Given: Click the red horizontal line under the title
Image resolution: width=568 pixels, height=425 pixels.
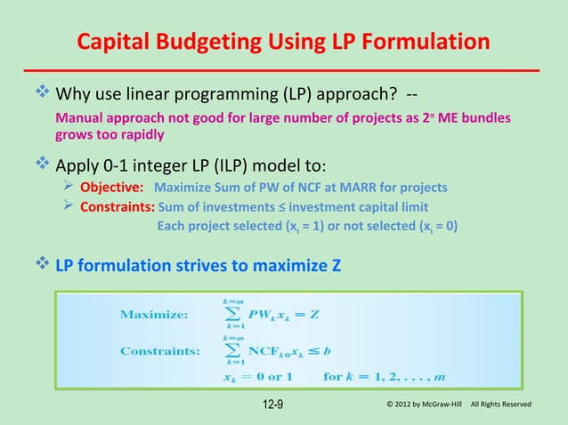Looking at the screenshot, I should click(285, 69).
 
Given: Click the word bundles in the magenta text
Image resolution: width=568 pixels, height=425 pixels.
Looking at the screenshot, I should click(488, 119).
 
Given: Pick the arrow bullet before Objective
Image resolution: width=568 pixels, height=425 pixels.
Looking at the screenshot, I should click(71, 188).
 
